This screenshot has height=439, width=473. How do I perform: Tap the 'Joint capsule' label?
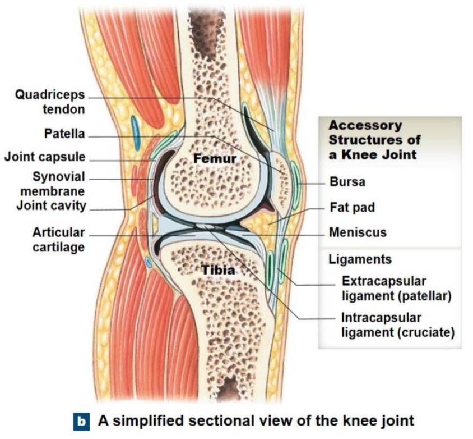(45, 157)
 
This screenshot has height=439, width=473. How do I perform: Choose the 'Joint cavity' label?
(51, 205)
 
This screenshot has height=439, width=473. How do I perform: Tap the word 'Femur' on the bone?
(215, 159)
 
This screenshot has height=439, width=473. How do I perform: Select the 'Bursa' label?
(347, 182)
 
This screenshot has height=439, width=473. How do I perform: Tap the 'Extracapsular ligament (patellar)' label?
(396, 287)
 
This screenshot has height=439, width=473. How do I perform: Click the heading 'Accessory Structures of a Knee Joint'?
(374, 139)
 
